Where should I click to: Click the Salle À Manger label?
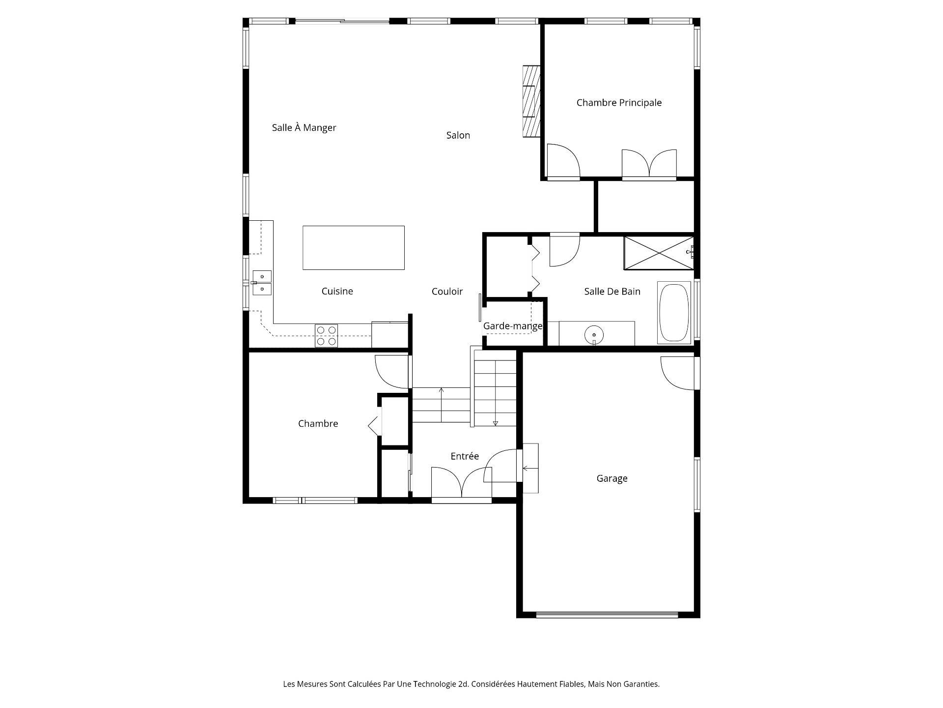[x=304, y=128]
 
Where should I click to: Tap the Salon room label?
[x=458, y=135]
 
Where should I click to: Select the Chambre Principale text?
[x=619, y=103]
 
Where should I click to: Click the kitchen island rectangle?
[x=353, y=248]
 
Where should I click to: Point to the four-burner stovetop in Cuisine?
[x=326, y=336]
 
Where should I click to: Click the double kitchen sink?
[x=262, y=283]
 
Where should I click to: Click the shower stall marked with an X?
[x=659, y=253]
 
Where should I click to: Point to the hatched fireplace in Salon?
[x=531, y=101]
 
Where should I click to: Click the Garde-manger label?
[x=512, y=326]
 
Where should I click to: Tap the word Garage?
[x=612, y=478]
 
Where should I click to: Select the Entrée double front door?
[x=462, y=484]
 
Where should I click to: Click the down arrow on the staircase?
[x=495, y=422]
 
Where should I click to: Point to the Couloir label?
[x=447, y=292]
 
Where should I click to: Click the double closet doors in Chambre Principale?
[x=649, y=165]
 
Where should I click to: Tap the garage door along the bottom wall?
[x=607, y=615]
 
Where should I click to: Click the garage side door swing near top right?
[x=679, y=373]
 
